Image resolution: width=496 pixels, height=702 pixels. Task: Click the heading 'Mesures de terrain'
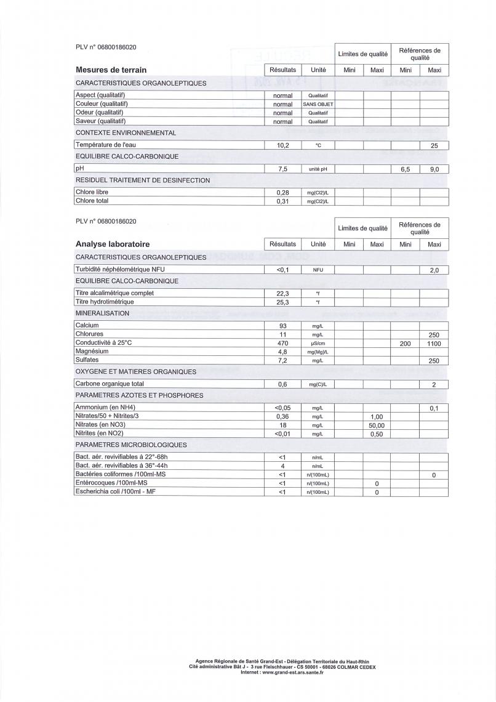(x=111, y=70)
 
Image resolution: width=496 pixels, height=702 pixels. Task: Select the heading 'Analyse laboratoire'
(x=113, y=244)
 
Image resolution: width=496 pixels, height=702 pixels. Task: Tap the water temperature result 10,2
(x=282, y=145)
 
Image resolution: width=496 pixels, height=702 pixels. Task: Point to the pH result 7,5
(x=282, y=169)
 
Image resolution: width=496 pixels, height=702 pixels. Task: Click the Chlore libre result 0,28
(x=282, y=193)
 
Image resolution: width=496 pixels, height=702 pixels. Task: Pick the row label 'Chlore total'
(x=92, y=201)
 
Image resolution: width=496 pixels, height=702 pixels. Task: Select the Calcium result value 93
(x=282, y=326)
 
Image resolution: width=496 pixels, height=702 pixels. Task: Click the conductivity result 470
(x=282, y=343)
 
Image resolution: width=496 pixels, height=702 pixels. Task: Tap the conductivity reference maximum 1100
(x=434, y=344)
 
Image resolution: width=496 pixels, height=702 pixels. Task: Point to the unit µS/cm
(x=318, y=343)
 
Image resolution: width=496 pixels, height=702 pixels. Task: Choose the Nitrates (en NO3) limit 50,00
(x=377, y=426)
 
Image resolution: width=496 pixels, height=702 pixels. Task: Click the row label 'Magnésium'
(x=92, y=351)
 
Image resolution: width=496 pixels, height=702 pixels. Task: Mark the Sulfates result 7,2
(x=282, y=360)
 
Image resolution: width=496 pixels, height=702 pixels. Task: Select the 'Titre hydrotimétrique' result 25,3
(x=282, y=302)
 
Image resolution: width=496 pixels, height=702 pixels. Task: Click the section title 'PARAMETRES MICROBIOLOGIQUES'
(x=131, y=445)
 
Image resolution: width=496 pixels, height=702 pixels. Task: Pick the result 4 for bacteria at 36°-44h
(x=282, y=466)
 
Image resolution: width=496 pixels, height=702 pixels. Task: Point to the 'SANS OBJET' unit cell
(x=318, y=105)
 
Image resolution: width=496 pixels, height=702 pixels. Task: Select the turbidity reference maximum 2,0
(x=434, y=270)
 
